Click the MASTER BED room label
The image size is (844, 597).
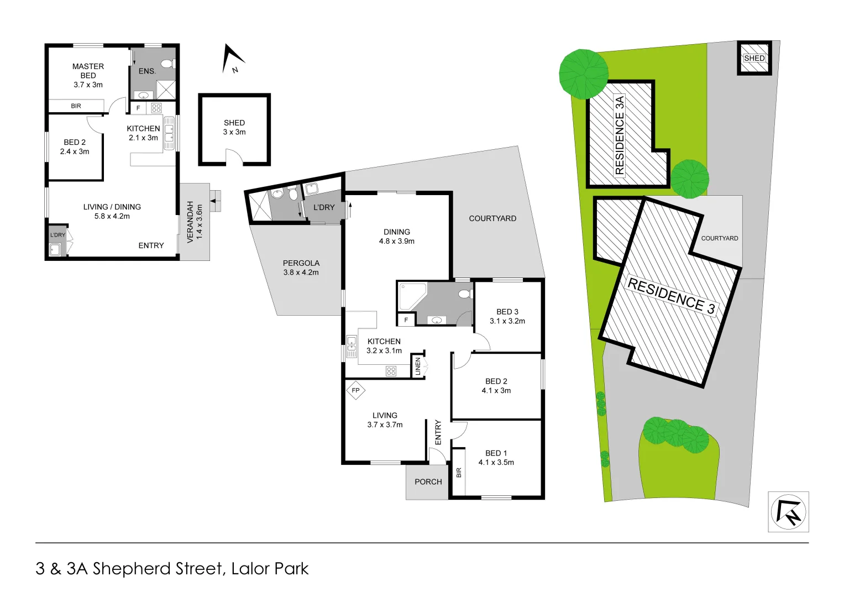tap(88, 75)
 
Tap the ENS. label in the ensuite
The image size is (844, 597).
tap(147, 71)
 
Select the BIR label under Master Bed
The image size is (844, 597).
tap(76, 106)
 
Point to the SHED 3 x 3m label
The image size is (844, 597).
tap(234, 128)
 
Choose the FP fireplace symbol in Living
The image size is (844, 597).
tap(355, 390)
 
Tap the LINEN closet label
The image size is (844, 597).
tap(418, 366)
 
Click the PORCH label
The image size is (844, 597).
tap(428, 482)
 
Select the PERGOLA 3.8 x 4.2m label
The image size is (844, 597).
tap(301, 268)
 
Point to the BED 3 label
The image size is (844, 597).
tap(507, 312)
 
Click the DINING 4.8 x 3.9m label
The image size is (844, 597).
tap(396, 237)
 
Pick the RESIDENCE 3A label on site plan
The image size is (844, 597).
tap(620, 135)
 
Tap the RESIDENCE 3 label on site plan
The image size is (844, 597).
tap(671, 296)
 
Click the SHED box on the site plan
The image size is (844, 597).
tap(754, 58)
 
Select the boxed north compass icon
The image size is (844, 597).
tap(788, 512)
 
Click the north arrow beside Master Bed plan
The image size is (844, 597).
tap(232, 60)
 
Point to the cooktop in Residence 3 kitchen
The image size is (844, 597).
tap(391, 371)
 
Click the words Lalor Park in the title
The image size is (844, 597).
tap(270, 569)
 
